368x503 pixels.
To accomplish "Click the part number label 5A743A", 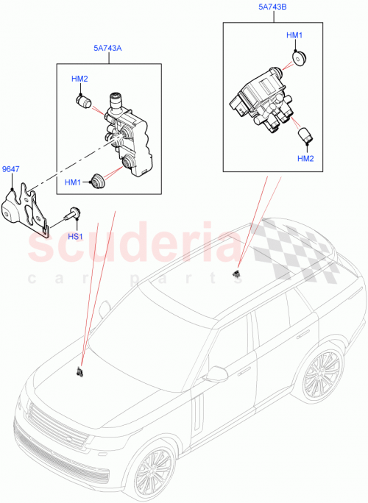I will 107,49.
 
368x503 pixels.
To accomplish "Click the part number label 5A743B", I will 273,8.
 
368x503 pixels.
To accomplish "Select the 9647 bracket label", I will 11,168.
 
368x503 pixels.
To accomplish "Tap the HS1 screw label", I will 75,236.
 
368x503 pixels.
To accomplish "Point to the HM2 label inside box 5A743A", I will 79,79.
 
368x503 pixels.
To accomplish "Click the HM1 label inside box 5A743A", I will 73,182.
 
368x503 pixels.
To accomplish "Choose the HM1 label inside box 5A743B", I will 294,35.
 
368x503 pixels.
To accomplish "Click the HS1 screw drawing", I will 72,215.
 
